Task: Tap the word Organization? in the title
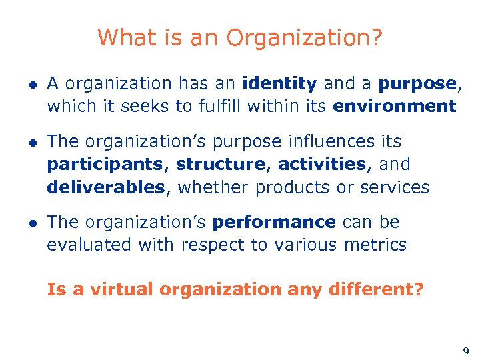pyautogui.click(x=305, y=39)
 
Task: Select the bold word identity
pyautogui.click(x=279, y=84)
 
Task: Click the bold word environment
pyautogui.click(x=395, y=106)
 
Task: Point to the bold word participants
pyautogui.click(x=105, y=165)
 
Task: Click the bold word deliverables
pyautogui.click(x=105, y=187)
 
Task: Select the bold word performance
pyautogui.click(x=274, y=223)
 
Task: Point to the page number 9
pyautogui.click(x=465, y=351)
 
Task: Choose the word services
pyautogui.click(x=395, y=187)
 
